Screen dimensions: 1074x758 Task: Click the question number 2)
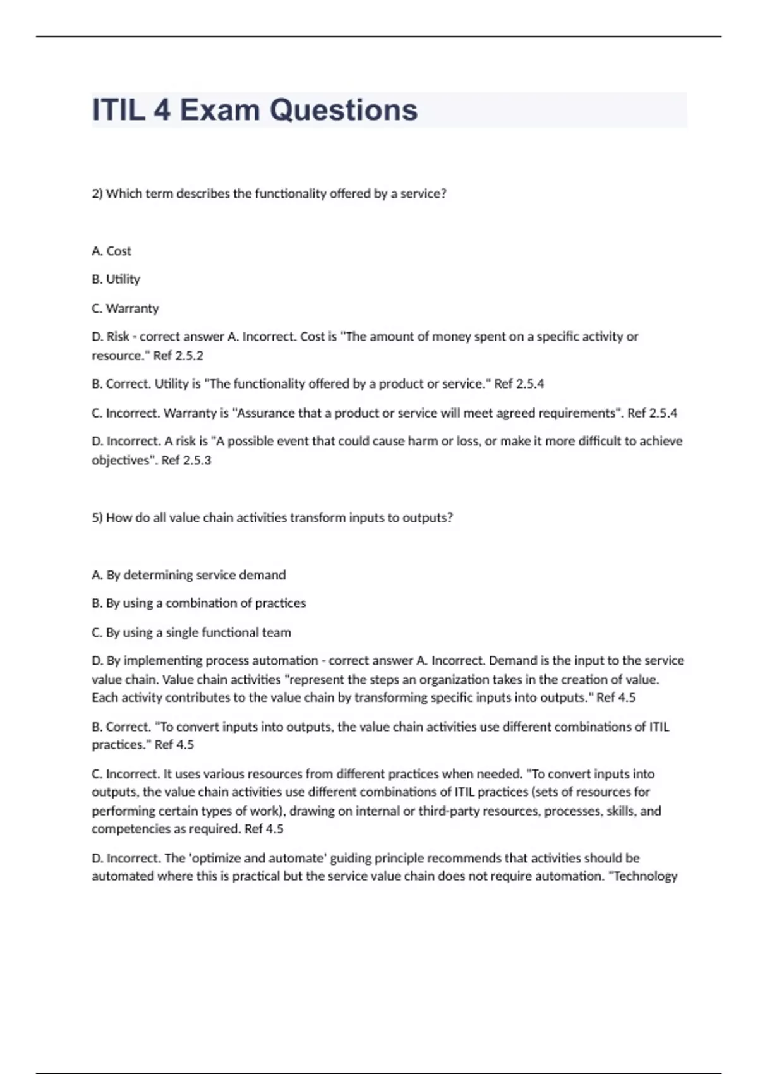pos(97,194)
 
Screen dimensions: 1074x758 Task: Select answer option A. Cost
pos(111,251)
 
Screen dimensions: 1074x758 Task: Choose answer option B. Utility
pos(116,279)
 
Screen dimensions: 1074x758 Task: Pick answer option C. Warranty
pos(125,309)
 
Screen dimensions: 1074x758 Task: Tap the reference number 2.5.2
pos(189,356)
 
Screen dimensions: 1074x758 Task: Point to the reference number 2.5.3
pos(196,461)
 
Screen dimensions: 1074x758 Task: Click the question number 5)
pos(97,518)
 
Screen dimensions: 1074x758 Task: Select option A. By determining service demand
pos(188,576)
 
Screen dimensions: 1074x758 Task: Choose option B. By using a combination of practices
pos(198,603)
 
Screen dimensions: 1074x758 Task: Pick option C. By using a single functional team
pos(191,632)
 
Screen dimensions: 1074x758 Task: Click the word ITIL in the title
pos(118,110)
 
